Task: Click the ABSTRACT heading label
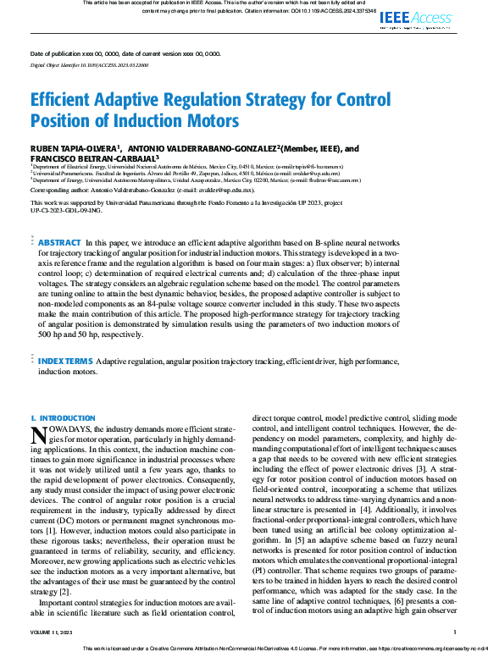click(59, 218)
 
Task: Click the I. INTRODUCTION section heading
click(64, 418)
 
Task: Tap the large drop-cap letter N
click(37, 434)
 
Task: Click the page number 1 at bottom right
click(455, 632)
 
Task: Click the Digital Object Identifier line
click(89, 64)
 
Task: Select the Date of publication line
click(125, 52)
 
